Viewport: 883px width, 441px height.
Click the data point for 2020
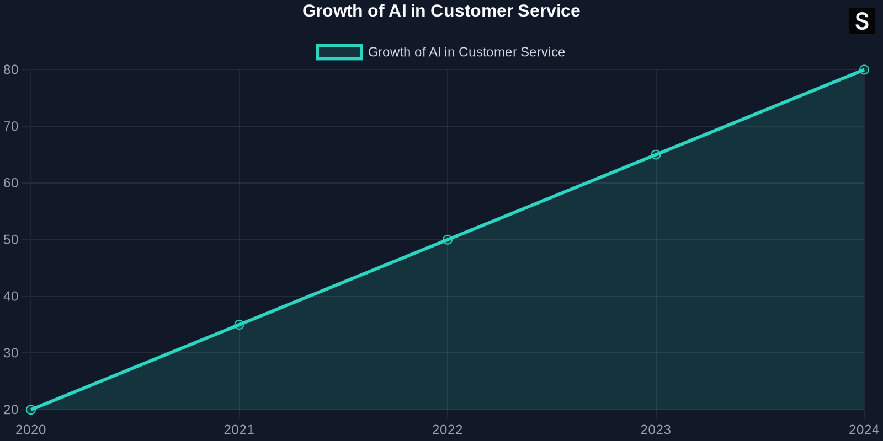(x=31, y=410)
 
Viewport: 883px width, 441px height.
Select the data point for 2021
(x=239, y=325)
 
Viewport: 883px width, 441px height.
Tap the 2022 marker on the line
(x=448, y=240)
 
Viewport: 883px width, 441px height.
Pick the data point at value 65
(x=656, y=155)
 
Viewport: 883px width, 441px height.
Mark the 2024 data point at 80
(x=864, y=70)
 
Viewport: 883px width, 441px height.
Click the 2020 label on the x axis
(x=31, y=430)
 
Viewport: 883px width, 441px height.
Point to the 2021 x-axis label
(x=239, y=430)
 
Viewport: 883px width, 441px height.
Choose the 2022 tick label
(x=448, y=430)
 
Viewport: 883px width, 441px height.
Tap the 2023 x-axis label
(x=656, y=430)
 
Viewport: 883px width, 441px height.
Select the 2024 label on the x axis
(x=864, y=430)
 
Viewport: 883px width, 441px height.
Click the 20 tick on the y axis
(x=11, y=410)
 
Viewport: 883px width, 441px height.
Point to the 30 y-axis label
(x=11, y=353)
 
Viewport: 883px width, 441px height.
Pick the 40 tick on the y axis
(x=11, y=297)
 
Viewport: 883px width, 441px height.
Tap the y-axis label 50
(x=11, y=240)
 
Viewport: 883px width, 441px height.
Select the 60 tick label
(x=11, y=183)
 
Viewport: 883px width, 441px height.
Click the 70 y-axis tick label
(x=11, y=126)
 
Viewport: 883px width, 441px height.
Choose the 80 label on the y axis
(x=11, y=70)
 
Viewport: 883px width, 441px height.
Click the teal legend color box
(x=339, y=52)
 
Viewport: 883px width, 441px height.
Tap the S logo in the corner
(x=861, y=21)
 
